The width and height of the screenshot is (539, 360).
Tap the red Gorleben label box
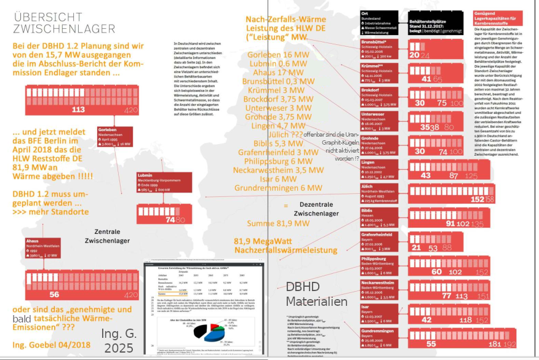[113, 138]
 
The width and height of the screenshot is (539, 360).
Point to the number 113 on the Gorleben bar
[78, 110]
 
